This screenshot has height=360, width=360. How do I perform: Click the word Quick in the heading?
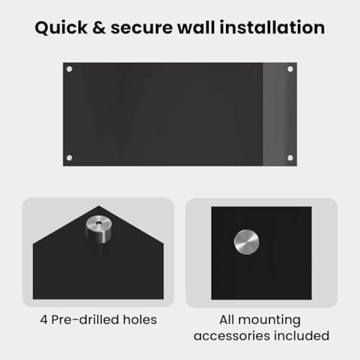[x=61, y=28]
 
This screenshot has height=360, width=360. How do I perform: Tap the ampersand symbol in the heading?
[x=99, y=27]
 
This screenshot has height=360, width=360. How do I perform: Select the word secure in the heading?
[x=141, y=28]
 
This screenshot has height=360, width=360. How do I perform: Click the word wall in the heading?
[x=196, y=27]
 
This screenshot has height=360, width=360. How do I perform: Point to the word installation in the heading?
[x=272, y=27]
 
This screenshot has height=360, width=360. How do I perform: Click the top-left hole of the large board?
[x=69, y=69]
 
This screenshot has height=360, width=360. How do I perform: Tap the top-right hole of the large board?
[x=290, y=69]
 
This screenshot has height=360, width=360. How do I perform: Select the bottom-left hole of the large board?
[x=69, y=158]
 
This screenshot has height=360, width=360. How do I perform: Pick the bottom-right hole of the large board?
[x=290, y=158]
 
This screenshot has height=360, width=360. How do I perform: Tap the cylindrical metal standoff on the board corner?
[x=99, y=229]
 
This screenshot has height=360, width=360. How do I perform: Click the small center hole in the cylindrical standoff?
[x=99, y=223]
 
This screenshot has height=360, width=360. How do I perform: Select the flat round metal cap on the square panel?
[x=246, y=242]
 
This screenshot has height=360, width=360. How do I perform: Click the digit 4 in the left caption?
[x=44, y=320]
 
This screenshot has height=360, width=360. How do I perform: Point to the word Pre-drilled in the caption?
[x=85, y=320]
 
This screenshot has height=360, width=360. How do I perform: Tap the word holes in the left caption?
[x=140, y=320]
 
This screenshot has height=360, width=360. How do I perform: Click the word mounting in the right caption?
[x=269, y=320]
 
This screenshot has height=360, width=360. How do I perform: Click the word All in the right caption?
[x=227, y=320]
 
